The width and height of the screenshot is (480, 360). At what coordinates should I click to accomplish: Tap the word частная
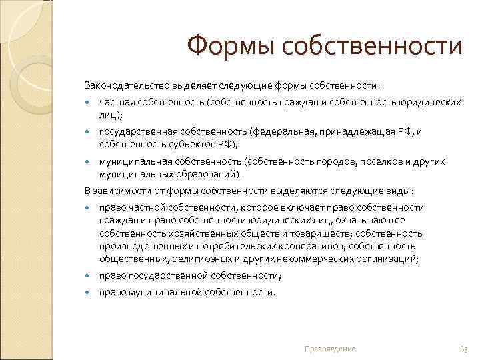pyautogui.click(x=118, y=103)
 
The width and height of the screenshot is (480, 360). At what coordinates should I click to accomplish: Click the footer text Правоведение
pyautogui.click(x=329, y=349)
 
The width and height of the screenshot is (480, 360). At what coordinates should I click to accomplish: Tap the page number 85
pyautogui.click(x=463, y=349)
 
